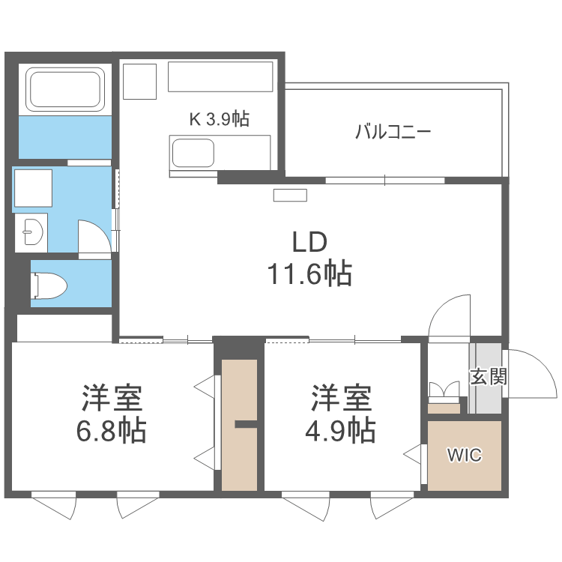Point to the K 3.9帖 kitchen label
click(219, 118)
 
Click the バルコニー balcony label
click(393, 133)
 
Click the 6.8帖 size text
click(113, 431)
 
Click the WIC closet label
click(465, 455)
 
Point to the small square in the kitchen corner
click(139, 81)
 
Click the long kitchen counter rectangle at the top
click(220, 77)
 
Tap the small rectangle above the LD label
click(290, 196)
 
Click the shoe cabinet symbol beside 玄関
click(444, 395)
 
